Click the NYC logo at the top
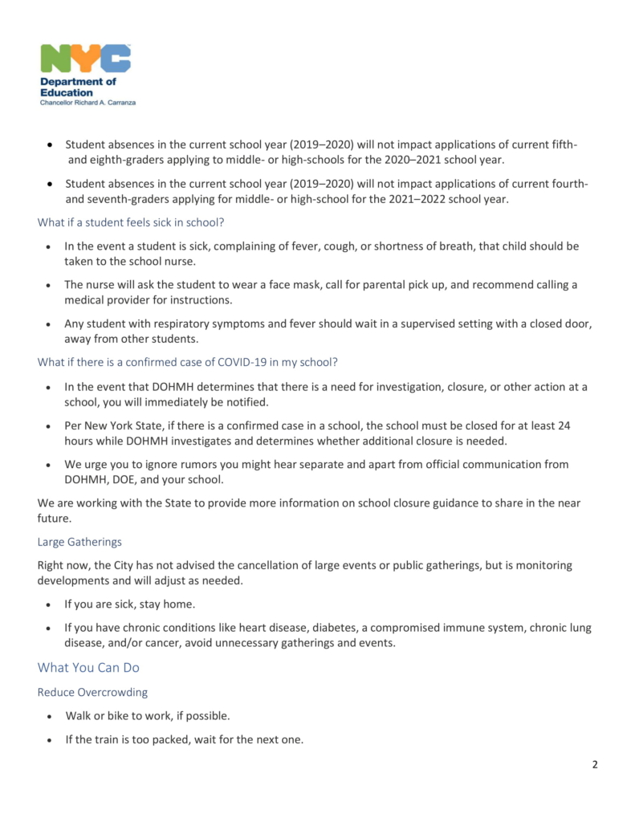(85, 59)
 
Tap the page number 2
(595, 764)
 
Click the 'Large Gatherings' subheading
(79, 542)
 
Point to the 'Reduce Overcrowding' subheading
(92, 692)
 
